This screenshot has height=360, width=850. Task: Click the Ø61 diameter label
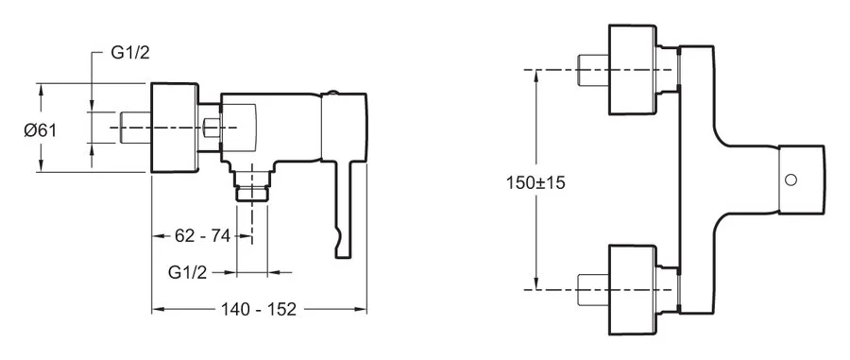(40, 129)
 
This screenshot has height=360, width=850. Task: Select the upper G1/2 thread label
(130, 53)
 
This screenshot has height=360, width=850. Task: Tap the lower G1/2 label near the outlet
(188, 273)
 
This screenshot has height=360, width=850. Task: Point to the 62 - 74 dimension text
(203, 236)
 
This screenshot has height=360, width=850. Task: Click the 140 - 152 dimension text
(259, 309)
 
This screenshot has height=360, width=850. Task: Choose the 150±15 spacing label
(536, 182)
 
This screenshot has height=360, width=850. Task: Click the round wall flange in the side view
(175, 128)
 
